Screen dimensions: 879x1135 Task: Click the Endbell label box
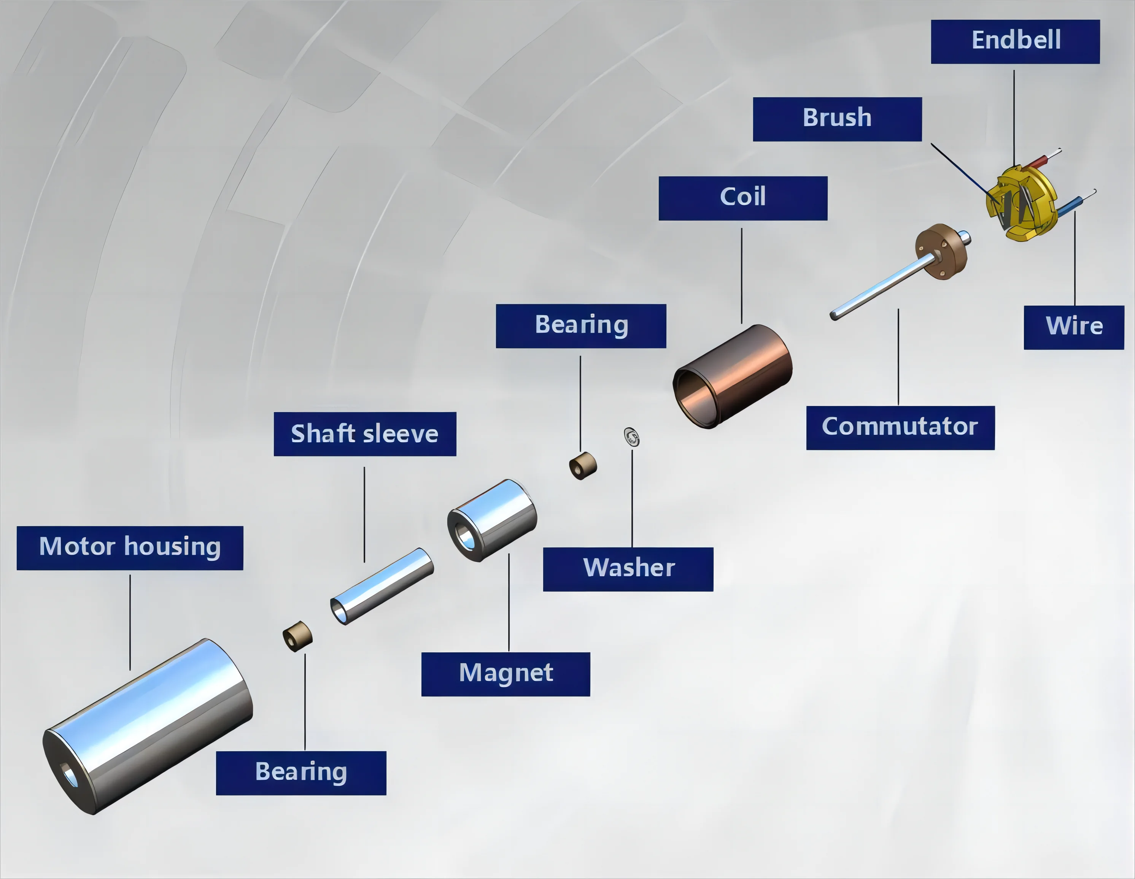(x=1015, y=41)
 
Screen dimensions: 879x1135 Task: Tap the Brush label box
(x=837, y=119)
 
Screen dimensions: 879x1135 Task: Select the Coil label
(x=742, y=198)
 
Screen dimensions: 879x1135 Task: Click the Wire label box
(x=1074, y=327)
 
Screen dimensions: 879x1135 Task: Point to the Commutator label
(x=900, y=428)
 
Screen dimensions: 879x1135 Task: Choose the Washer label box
(x=628, y=569)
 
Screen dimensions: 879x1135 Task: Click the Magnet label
(x=505, y=674)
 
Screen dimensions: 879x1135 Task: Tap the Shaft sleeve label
(x=365, y=434)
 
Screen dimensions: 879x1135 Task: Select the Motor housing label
(x=130, y=547)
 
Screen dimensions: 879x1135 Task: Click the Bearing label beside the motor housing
(x=301, y=773)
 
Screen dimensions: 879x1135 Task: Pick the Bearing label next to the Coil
(x=580, y=326)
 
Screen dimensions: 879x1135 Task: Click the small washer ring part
(x=631, y=437)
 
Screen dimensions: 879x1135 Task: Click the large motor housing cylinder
(x=148, y=725)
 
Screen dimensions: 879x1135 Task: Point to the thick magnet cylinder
(x=492, y=519)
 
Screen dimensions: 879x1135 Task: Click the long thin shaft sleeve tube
(x=382, y=585)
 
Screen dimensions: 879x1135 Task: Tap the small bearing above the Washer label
(x=583, y=465)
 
